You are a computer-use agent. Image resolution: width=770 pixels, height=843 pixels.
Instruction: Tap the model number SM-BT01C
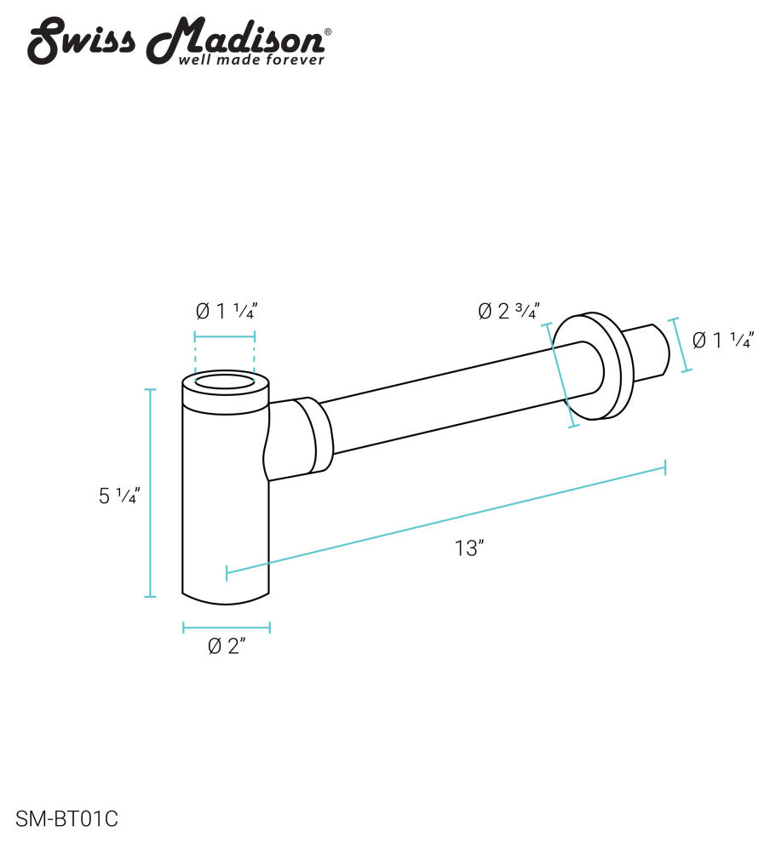click(66, 820)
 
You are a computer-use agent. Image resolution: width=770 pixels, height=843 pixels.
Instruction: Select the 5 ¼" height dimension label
click(118, 496)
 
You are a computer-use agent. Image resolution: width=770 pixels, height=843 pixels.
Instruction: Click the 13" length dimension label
click(468, 548)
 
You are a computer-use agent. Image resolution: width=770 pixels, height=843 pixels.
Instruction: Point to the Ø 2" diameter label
click(227, 647)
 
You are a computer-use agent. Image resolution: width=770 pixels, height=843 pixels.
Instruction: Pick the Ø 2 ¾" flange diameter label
click(509, 312)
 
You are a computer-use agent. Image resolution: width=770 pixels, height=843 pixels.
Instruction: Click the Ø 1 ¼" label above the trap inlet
click(225, 312)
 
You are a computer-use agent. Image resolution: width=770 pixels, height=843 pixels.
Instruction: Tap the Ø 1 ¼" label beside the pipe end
click(722, 341)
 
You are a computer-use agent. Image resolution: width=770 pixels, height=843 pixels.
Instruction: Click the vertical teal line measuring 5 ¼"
click(151, 493)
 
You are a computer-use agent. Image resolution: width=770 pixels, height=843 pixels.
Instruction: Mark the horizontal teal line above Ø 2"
click(227, 628)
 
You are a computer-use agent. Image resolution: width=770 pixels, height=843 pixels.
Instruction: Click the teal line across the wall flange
click(561, 375)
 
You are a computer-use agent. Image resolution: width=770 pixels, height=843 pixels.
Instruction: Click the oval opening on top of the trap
click(225, 381)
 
